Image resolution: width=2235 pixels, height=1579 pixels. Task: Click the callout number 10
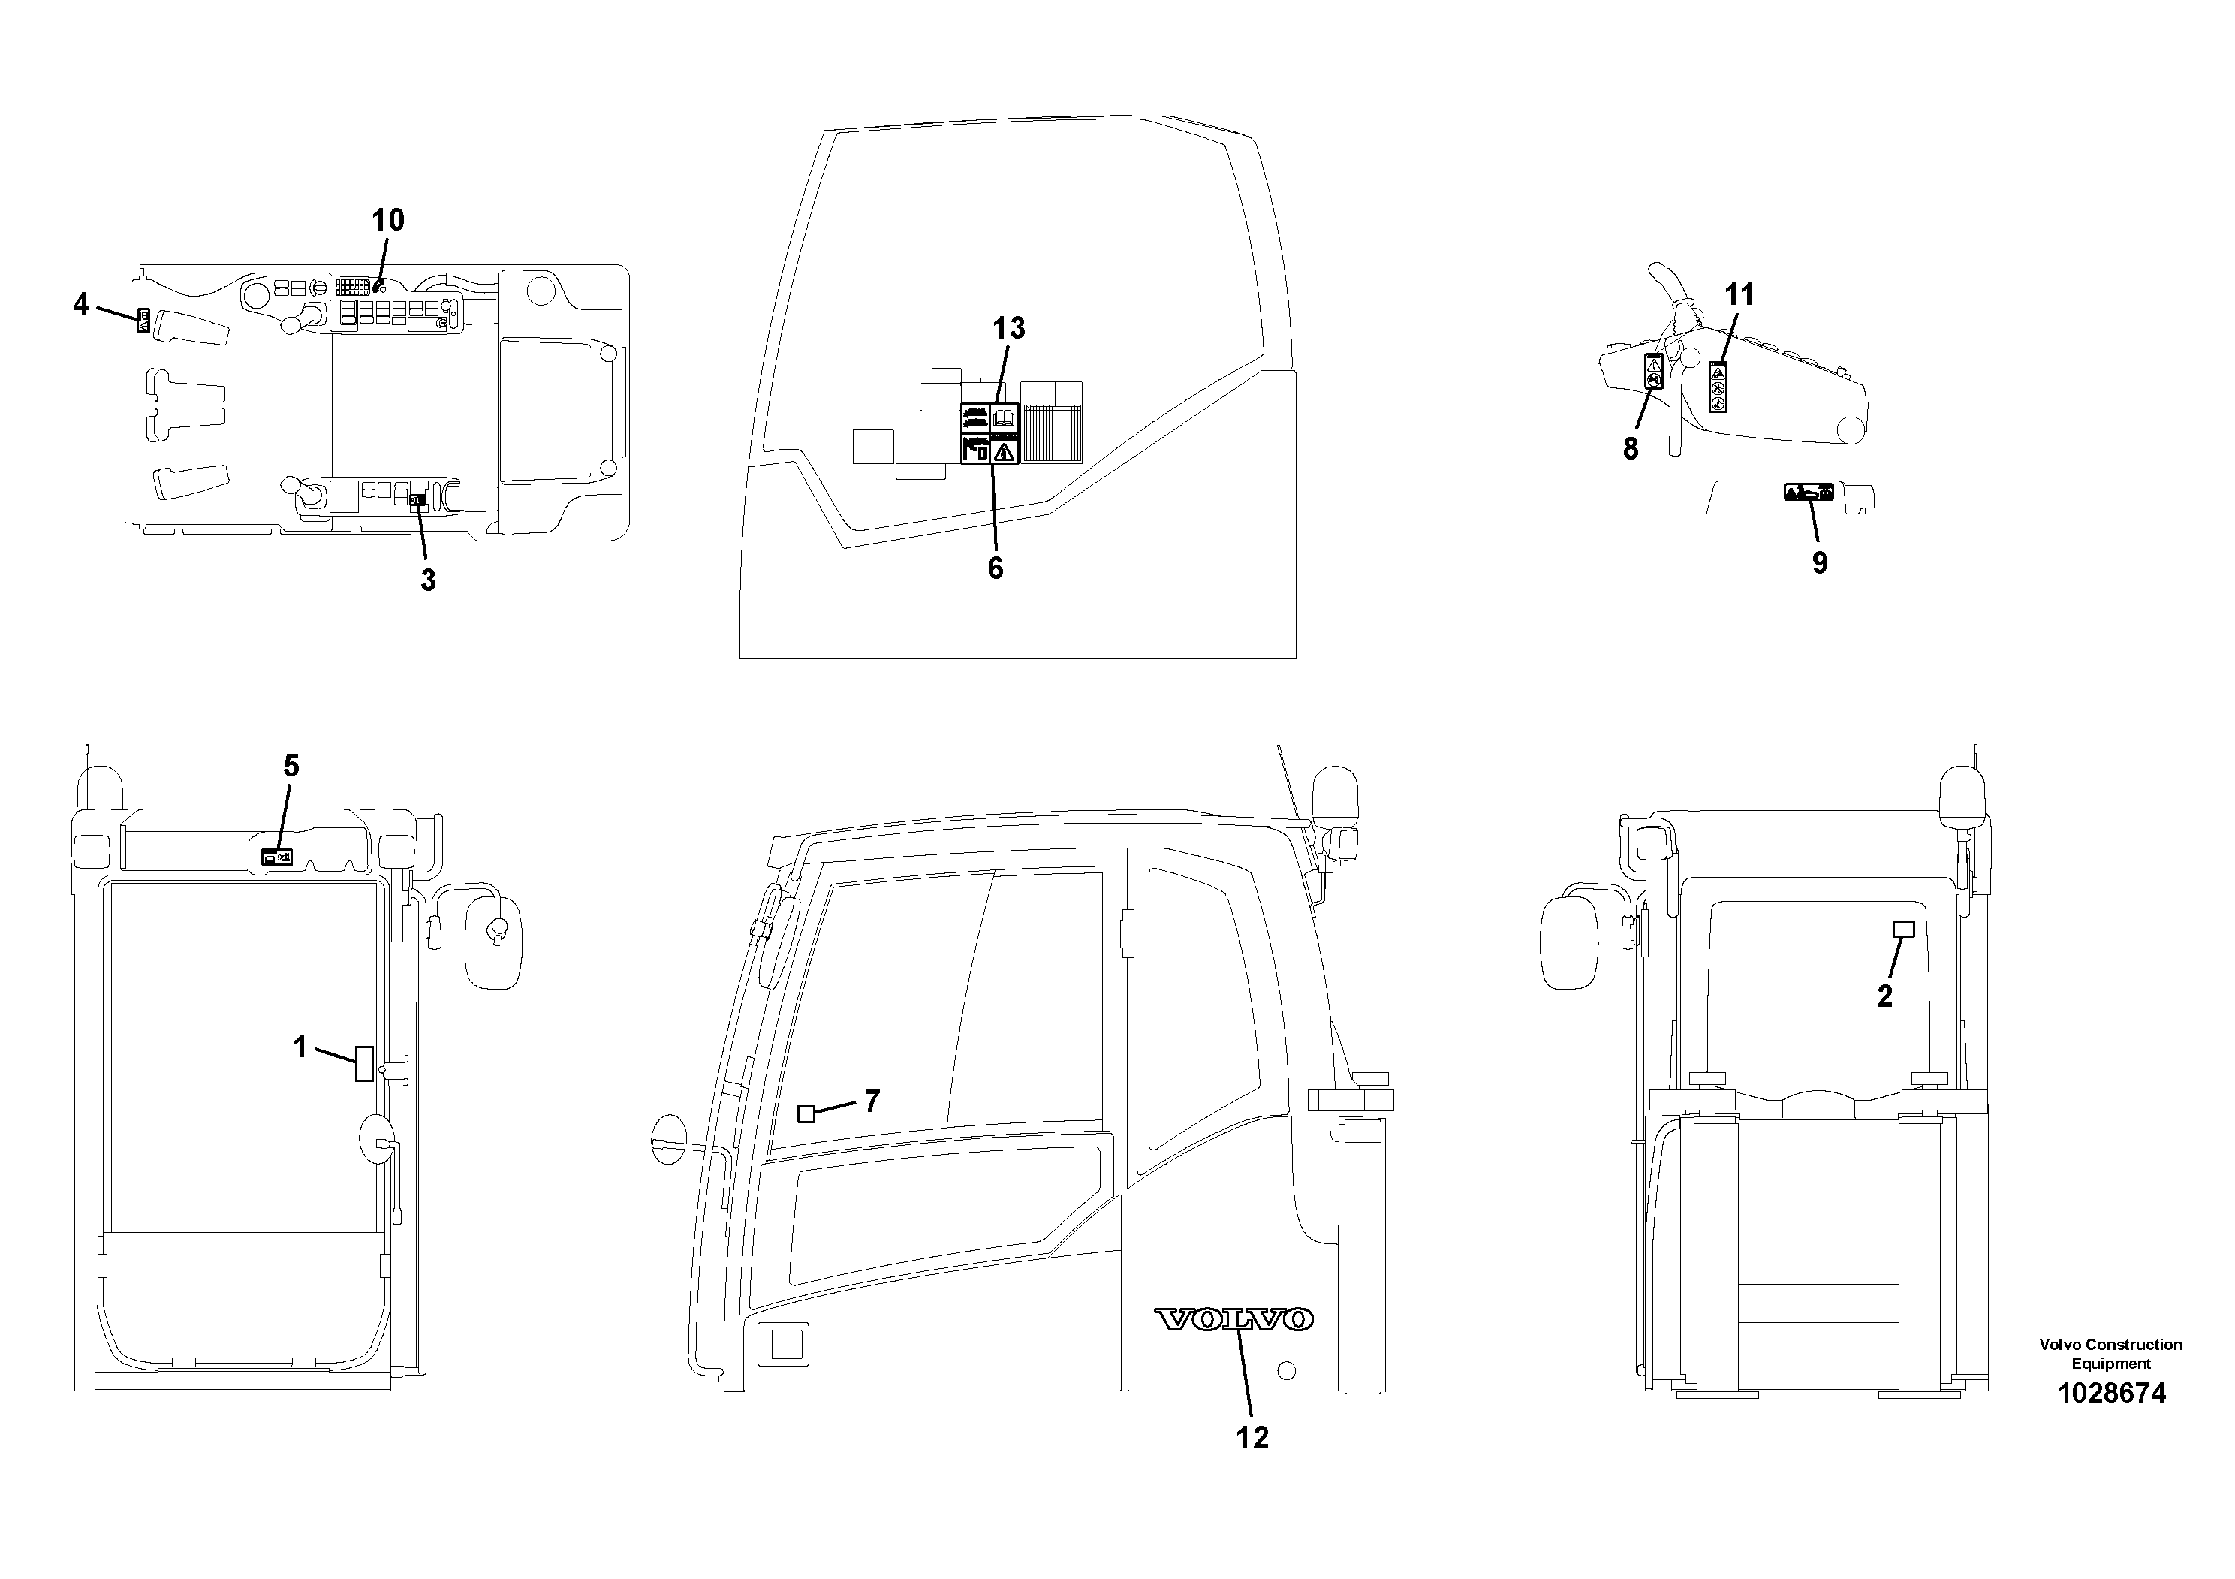387,221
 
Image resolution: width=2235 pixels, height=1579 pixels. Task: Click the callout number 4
81,305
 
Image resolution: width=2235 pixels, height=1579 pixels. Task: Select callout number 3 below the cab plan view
427,581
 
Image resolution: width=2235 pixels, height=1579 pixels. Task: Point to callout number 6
995,568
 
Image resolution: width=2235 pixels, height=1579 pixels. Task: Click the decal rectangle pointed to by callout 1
364,1063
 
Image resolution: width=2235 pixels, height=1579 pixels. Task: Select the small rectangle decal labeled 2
1903,930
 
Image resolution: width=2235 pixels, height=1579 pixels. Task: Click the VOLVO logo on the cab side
1233,1320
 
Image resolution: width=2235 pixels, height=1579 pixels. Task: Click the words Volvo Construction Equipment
2110,1354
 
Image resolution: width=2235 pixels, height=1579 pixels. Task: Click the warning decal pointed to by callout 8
1653,372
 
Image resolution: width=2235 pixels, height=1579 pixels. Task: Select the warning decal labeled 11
1718,387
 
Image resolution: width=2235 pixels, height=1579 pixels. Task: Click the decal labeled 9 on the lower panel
1809,493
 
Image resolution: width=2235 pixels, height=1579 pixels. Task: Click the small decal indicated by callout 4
142,321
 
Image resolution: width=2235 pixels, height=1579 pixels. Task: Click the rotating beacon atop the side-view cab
1329,791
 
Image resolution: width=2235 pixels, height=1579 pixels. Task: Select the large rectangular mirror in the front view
495,945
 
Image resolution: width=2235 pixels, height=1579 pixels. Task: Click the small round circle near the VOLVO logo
1286,1371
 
